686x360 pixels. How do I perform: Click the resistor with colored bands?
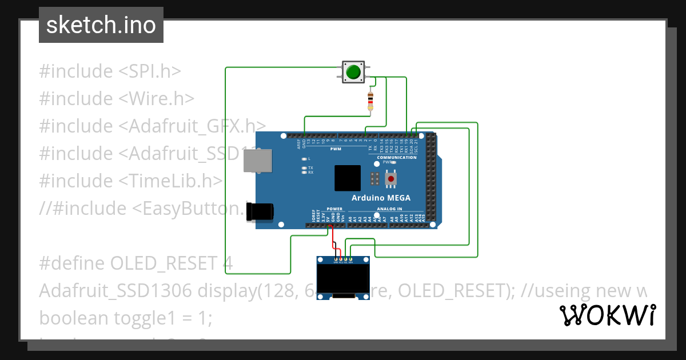pos(370,101)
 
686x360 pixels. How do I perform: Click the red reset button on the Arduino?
pos(391,179)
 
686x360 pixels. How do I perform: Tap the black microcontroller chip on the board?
pos(348,178)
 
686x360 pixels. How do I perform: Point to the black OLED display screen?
pos(343,279)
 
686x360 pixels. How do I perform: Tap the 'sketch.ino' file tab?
pos(101,25)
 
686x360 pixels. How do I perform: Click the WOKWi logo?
pos(607,315)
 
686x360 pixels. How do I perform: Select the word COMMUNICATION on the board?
pos(396,157)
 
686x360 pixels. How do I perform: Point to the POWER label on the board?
pos(334,209)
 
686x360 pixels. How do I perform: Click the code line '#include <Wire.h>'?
pos(117,98)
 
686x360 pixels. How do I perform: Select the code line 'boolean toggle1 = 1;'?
pos(126,318)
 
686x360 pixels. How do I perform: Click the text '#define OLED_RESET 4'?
pos(136,263)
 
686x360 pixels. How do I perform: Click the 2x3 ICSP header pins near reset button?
pos(374,179)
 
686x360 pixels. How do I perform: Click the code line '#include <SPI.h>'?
pos(110,71)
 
